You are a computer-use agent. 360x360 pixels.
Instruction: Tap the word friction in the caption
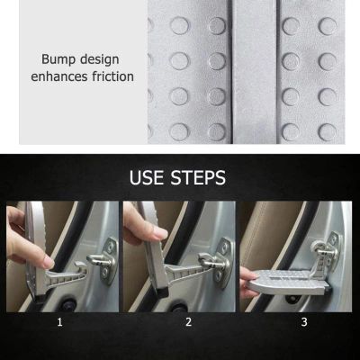click(112, 76)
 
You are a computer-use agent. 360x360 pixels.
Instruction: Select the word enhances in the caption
click(59, 76)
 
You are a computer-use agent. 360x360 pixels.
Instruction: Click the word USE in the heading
click(148, 177)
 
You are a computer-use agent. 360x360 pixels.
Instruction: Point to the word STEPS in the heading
click(198, 177)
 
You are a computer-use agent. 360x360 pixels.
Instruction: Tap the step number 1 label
click(60, 322)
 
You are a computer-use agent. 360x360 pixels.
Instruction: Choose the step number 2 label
click(188, 322)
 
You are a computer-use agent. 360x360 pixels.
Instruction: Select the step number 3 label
click(304, 322)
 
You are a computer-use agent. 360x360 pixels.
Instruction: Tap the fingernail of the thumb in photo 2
click(160, 233)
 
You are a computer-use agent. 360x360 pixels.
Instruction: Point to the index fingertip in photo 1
click(48, 263)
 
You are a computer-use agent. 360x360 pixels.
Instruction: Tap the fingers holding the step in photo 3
click(247, 282)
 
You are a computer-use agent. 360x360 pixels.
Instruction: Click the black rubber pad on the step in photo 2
click(164, 292)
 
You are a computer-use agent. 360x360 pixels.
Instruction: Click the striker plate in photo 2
click(224, 263)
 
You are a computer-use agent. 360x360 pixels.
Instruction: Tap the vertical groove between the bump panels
click(230, 72)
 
